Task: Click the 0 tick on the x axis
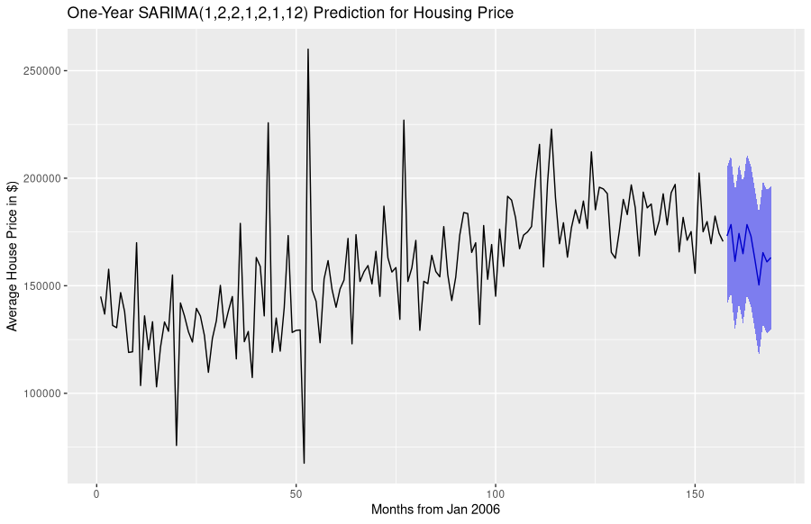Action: [x=96, y=495]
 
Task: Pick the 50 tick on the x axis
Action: [x=296, y=495]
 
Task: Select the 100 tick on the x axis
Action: [x=495, y=495]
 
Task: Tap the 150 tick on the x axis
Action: [x=694, y=495]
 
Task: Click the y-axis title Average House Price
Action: [x=13, y=256]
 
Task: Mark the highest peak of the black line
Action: [x=307, y=50]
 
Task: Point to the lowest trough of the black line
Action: [x=304, y=463]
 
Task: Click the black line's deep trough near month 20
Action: [x=177, y=445]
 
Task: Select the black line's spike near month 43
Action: [x=268, y=122]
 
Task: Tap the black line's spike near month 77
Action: [x=404, y=120]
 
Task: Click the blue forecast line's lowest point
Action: [x=759, y=285]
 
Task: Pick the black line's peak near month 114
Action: [x=551, y=129]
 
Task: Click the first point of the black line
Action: [x=100, y=296]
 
